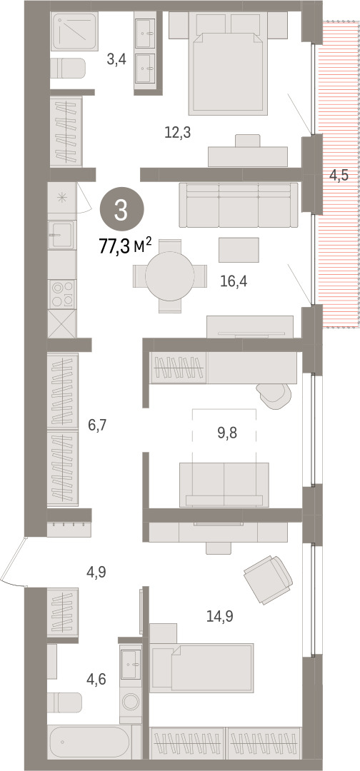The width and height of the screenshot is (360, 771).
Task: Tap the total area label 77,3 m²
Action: [x=126, y=245]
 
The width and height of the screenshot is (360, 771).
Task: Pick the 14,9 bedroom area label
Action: [x=220, y=615]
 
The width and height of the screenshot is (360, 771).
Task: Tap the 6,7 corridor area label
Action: [x=97, y=424]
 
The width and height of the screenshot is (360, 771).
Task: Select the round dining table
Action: [x=170, y=276]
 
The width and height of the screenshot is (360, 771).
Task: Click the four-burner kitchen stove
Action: [x=62, y=294]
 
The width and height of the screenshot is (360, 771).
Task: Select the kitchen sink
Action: [x=61, y=235]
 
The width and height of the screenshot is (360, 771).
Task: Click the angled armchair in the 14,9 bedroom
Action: [x=269, y=579]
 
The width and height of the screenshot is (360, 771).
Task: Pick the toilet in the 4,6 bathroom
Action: [x=66, y=702]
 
